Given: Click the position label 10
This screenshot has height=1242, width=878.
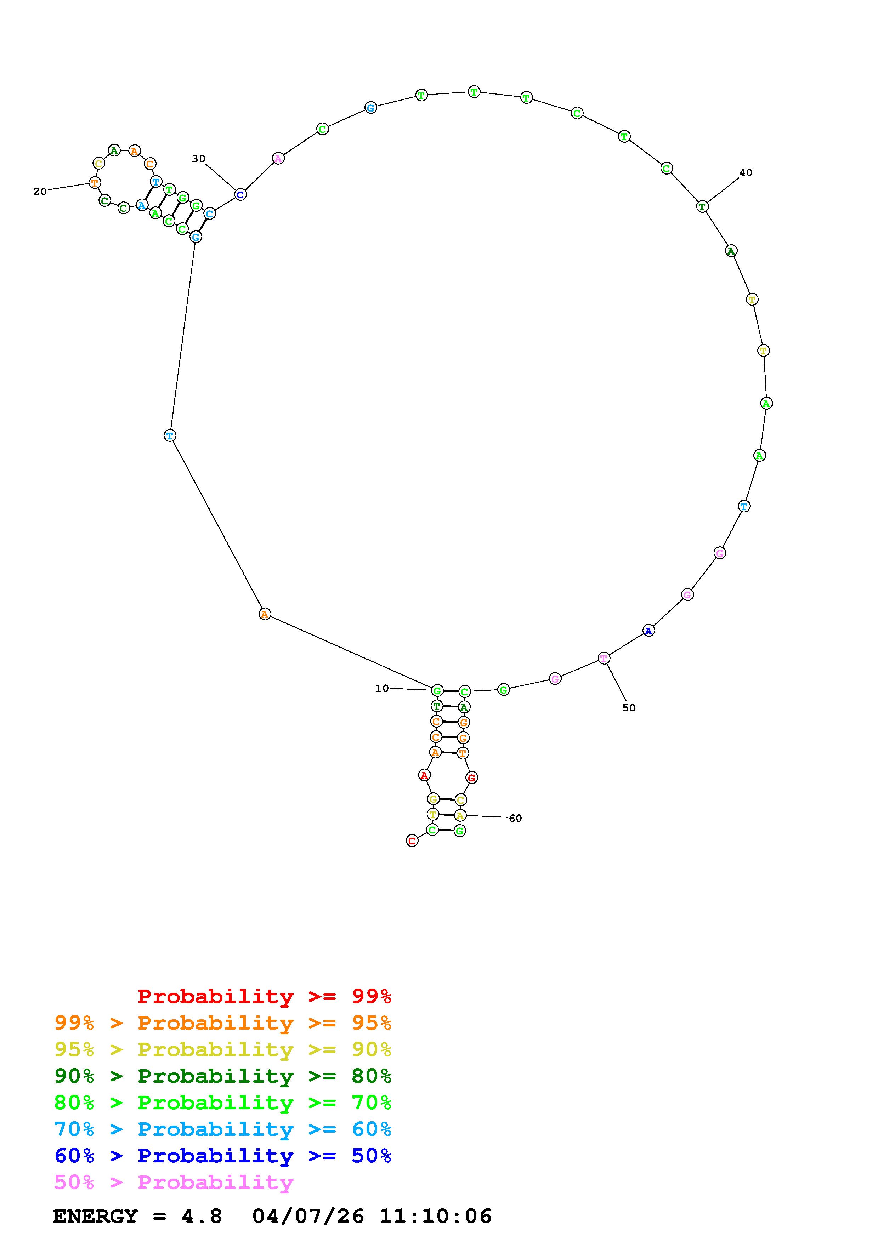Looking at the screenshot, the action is tap(382, 688).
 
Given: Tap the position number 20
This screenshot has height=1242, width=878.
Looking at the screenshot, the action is tap(40, 192).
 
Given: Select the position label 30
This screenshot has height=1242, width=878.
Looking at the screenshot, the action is tap(199, 159).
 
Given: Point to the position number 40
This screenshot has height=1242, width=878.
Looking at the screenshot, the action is tap(746, 172).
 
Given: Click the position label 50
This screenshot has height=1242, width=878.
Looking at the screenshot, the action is tap(629, 707).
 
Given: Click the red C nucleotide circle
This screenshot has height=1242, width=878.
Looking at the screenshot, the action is tap(412, 841).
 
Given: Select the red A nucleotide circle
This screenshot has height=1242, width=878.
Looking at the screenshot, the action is tap(425, 775).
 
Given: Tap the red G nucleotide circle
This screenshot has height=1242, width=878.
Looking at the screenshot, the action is tap(472, 777).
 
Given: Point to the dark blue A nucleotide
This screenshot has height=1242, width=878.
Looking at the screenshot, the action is tap(648, 630).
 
